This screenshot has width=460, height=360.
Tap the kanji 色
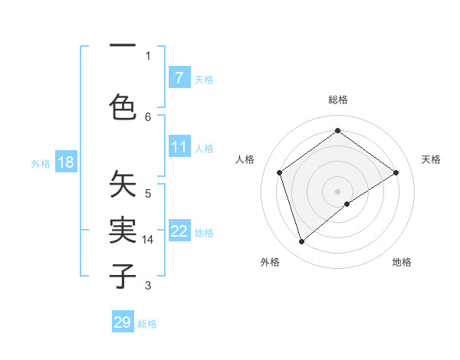(123, 106)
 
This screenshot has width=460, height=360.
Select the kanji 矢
(123, 186)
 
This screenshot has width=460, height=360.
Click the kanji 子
(123, 275)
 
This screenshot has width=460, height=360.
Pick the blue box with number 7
(179, 77)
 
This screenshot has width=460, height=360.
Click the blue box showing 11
(179, 147)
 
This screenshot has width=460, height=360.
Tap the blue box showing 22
(179, 231)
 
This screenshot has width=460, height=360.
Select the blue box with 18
(65, 162)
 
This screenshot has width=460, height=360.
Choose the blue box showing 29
(123, 322)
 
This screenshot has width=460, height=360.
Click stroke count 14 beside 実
(148, 239)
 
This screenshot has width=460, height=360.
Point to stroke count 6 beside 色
(148, 116)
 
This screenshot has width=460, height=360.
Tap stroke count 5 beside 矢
(148, 193)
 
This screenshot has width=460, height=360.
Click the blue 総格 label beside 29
(148, 324)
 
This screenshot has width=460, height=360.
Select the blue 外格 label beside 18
(41, 163)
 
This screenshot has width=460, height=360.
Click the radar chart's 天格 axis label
(431, 159)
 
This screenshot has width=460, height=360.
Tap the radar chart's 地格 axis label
(402, 262)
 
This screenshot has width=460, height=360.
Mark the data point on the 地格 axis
(348, 204)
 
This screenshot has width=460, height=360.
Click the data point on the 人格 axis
(280, 172)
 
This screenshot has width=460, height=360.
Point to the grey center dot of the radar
(337, 191)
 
